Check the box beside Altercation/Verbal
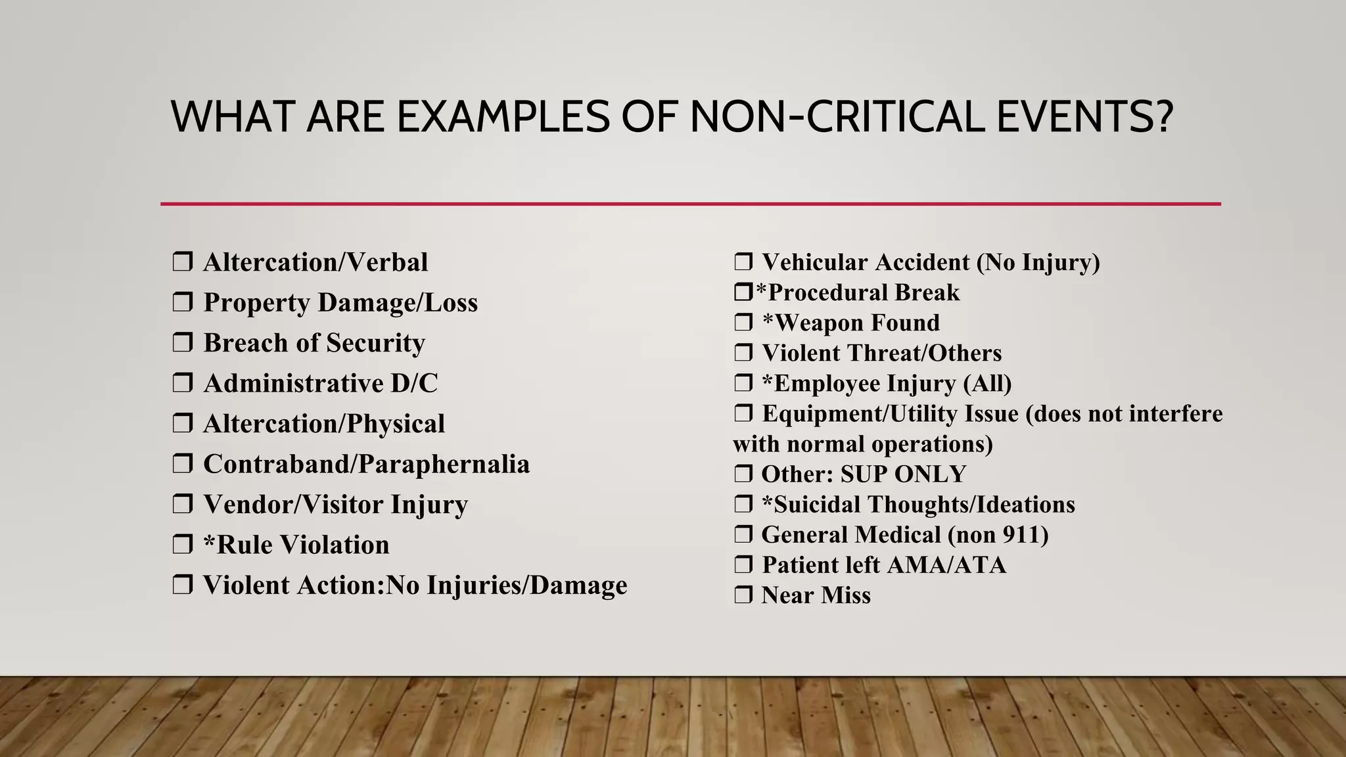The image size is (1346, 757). [x=182, y=262]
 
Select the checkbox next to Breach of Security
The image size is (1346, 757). [x=182, y=343]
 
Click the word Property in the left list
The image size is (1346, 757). [x=256, y=303]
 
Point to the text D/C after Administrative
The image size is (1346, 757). [x=414, y=384]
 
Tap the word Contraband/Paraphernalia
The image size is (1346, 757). [x=366, y=465]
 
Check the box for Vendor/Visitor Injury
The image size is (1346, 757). [x=182, y=505]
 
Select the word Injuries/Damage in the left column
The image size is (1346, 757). [x=526, y=585]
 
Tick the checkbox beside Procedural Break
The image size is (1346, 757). [x=743, y=292]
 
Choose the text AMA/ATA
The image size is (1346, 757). [x=942, y=564]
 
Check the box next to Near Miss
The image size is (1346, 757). [x=743, y=595]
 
